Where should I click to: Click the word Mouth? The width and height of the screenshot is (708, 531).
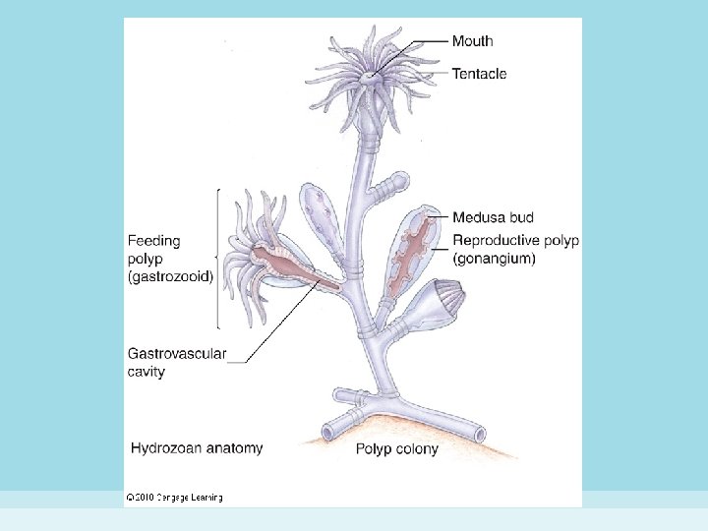point(472,41)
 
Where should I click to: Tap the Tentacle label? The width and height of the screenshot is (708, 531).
point(479,73)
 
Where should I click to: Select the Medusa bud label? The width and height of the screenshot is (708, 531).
point(493,217)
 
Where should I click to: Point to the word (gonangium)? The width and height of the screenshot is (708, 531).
point(494,259)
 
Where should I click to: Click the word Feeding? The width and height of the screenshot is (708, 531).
point(154,241)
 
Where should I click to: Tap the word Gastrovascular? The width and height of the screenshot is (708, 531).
point(177,354)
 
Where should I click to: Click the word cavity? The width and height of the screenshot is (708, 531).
point(147,372)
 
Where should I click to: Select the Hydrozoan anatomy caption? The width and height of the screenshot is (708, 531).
point(197,448)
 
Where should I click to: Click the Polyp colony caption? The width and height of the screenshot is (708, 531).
point(397,449)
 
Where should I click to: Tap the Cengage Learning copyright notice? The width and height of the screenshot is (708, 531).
point(174,498)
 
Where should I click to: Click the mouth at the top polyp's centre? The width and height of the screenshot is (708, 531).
point(369,75)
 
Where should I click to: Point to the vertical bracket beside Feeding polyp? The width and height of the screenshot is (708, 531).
point(218,258)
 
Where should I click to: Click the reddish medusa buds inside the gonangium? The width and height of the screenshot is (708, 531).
point(413,252)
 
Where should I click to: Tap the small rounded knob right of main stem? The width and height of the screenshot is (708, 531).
point(399,183)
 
